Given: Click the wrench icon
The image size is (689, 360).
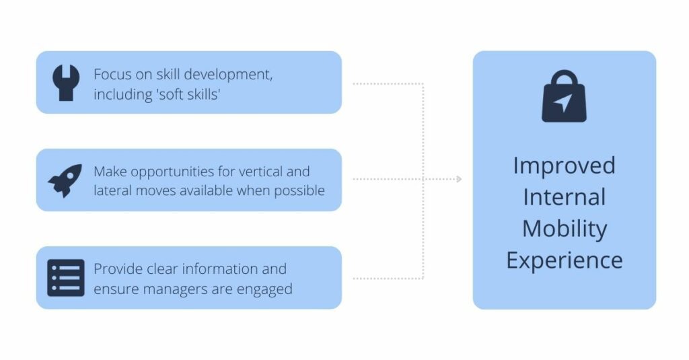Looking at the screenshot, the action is (66, 83).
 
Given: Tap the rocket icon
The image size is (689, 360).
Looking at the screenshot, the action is (65, 180).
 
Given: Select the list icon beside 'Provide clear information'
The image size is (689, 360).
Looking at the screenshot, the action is (66, 278).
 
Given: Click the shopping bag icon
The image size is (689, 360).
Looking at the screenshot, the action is (565, 96).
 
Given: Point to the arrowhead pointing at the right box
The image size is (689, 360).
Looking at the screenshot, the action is (459, 179).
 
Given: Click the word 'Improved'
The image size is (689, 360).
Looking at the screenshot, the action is (565, 166).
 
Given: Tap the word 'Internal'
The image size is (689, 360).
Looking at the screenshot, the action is (565, 197).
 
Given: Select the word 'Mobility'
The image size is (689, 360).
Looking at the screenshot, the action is (565, 229).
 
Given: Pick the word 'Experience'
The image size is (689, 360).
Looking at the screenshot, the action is (565, 260).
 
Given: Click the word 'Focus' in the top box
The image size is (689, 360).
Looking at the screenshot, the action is (112, 74).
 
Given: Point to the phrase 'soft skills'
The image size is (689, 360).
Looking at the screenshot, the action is (188, 94).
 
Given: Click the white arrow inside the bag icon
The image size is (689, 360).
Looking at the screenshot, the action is (563, 102).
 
